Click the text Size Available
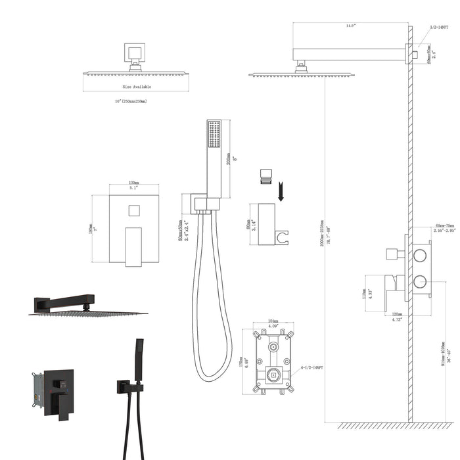[137, 86]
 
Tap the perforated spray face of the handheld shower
[214, 134]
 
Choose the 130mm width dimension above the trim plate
[133, 183]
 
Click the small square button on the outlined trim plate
[133, 211]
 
